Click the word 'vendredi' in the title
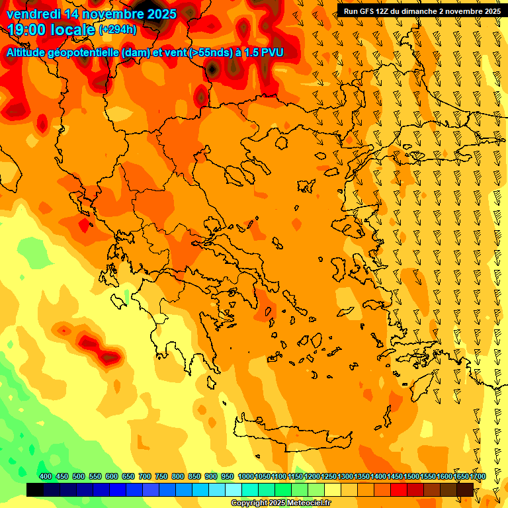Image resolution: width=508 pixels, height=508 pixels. pos(34,13)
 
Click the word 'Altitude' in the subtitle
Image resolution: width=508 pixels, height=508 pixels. pos(30,53)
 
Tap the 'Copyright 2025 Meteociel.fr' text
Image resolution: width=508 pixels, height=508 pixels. pos(280,503)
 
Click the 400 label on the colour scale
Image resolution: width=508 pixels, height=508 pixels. pos(46,477)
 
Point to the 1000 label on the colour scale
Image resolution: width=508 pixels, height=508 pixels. pos(245,477)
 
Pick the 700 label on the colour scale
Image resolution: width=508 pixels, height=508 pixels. pos(145,477)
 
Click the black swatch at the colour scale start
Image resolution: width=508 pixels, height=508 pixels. pos(35,489)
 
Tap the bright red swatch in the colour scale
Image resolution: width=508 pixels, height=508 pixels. pos(399,489)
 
